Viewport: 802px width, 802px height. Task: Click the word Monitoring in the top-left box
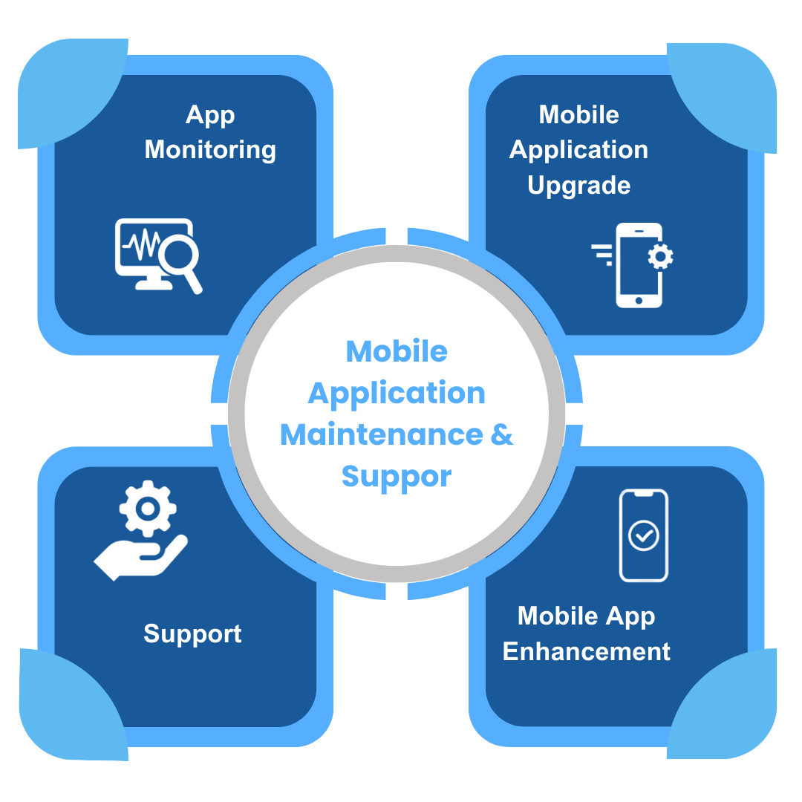(210, 149)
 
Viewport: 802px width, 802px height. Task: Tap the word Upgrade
(578, 185)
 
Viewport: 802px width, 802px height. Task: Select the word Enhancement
(586, 651)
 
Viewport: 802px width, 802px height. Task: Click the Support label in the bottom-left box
(192, 633)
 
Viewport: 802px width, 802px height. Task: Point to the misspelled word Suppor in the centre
(397, 476)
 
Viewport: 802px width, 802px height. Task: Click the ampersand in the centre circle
(502, 434)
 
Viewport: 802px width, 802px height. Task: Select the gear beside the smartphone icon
(659, 257)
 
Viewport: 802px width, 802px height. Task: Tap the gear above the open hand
(148, 508)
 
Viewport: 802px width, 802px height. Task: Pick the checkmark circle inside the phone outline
(643, 535)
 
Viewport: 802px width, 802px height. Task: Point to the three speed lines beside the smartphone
(602, 253)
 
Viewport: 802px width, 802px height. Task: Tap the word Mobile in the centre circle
(397, 351)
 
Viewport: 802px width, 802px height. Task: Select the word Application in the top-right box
(578, 149)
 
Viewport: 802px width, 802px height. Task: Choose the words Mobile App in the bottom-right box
(586, 616)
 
